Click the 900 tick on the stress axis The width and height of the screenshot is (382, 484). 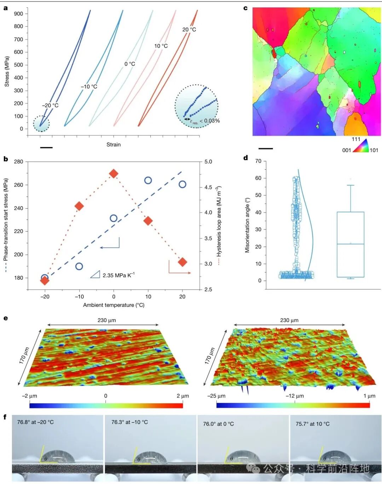(x=18, y=14)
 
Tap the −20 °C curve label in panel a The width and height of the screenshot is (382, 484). (x=50, y=105)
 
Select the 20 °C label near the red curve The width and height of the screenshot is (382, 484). (x=189, y=30)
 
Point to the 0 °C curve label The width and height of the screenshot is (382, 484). (x=130, y=64)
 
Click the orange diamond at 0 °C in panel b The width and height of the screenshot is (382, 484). (x=114, y=174)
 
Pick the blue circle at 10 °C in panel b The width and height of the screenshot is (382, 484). (x=148, y=180)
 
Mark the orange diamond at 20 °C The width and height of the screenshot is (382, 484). (x=183, y=262)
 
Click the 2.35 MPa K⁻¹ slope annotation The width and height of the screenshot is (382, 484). (x=118, y=275)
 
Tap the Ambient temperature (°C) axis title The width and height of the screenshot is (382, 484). (x=114, y=305)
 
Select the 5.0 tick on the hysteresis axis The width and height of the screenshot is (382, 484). (x=208, y=162)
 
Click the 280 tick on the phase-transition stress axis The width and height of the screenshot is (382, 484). (x=18, y=162)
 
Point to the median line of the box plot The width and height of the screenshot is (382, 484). (x=351, y=244)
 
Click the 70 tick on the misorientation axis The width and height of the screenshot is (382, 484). (x=258, y=161)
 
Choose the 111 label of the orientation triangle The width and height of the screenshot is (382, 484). (x=356, y=139)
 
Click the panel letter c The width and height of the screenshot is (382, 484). (x=245, y=8)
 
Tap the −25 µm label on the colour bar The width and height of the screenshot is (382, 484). (x=216, y=396)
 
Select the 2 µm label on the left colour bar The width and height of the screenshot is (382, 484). (x=183, y=396)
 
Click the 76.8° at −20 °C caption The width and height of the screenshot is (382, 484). (x=35, y=422)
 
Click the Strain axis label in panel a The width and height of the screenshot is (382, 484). (x=114, y=145)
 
